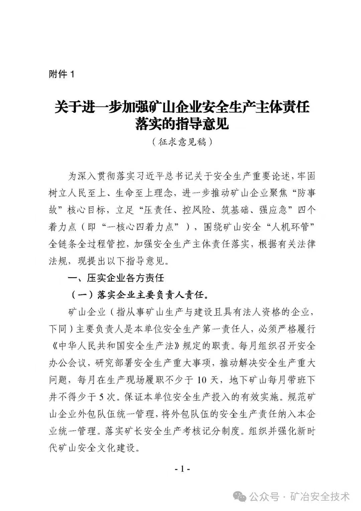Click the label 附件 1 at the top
coord(62,74)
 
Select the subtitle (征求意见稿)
coord(182,142)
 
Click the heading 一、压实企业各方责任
coord(116,278)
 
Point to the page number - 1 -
coord(183,469)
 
